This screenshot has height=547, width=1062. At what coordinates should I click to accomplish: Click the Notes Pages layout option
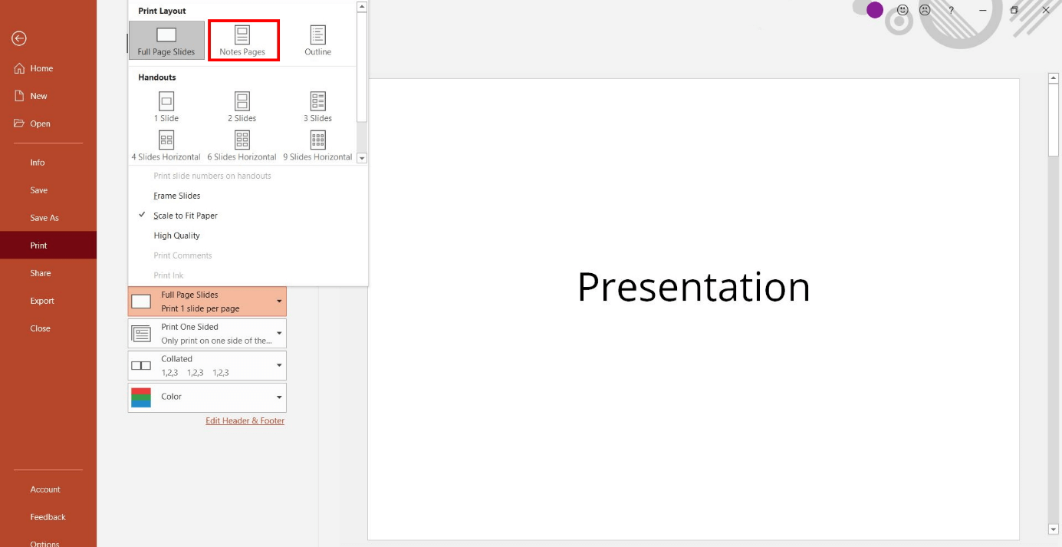(243, 40)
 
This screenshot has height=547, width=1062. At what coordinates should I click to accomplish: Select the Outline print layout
(317, 40)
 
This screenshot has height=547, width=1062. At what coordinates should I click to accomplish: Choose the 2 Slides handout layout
(242, 106)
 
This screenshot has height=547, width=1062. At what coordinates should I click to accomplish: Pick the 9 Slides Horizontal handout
(317, 144)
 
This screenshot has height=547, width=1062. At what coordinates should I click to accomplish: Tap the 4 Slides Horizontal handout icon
(166, 140)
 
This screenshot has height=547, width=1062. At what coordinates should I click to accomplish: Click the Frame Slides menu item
(177, 196)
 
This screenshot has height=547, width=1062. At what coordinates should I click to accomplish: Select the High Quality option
(177, 236)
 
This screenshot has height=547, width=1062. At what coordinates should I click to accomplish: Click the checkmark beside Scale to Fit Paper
(143, 216)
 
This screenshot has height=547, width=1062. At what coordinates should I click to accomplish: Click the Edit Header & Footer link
(245, 420)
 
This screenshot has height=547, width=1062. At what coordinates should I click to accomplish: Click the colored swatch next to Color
(141, 397)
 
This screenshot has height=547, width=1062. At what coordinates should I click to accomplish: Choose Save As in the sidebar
(44, 218)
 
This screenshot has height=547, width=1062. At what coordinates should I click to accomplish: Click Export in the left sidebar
(42, 301)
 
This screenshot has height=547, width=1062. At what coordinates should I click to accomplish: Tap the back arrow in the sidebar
(19, 38)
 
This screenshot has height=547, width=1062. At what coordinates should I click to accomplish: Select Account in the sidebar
(45, 489)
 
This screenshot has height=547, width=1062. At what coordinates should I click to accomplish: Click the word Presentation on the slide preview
(693, 287)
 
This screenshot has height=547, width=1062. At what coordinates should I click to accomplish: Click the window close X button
(1046, 10)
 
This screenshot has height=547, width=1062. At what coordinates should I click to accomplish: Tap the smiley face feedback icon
(903, 10)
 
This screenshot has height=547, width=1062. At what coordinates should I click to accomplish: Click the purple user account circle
(875, 10)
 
